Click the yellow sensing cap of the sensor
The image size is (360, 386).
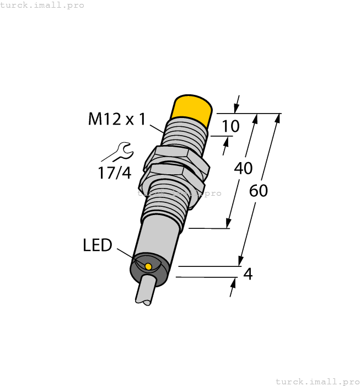click(x=192, y=110)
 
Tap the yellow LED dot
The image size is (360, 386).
click(x=148, y=267)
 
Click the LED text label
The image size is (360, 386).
click(x=98, y=245)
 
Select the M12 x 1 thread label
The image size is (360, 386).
click(x=116, y=119)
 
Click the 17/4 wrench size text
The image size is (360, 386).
click(x=115, y=173)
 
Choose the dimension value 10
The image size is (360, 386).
click(x=230, y=126)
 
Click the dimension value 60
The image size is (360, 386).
click(x=259, y=191)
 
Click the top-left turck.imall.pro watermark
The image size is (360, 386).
click(x=42, y=5)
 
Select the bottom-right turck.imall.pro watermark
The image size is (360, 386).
click(x=317, y=381)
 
